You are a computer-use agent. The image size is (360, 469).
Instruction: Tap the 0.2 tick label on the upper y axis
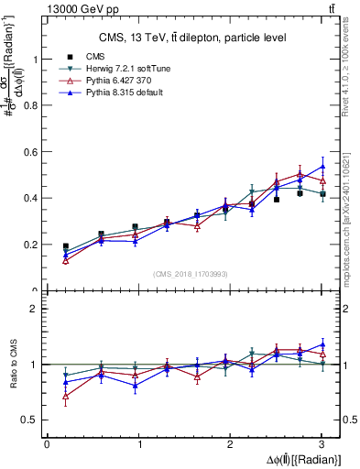point(32,245)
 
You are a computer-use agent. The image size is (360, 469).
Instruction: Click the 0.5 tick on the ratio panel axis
point(32,420)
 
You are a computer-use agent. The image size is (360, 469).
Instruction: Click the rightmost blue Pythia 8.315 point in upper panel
point(322,166)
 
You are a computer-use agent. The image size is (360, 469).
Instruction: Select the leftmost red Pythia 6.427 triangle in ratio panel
point(65,396)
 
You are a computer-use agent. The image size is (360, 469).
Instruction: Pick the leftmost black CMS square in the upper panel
point(65,246)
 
